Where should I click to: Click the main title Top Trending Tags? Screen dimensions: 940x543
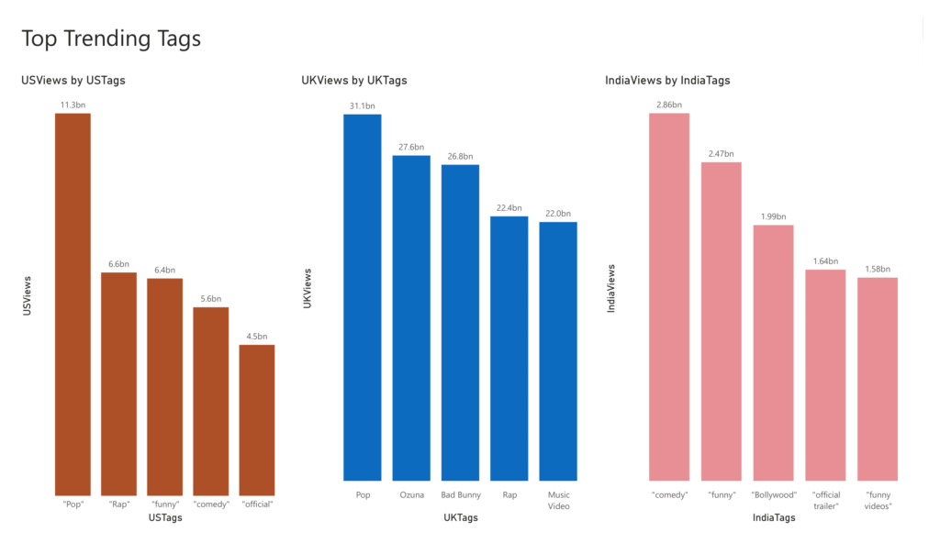click(111, 39)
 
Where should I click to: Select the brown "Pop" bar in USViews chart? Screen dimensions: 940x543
click(73, 305)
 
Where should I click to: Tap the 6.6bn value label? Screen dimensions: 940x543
click(118, 264)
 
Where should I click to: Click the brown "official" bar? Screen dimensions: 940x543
click(257, 420)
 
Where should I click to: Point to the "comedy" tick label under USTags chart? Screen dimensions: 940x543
click(211, 504)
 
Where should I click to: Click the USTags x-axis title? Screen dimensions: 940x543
click(165, 518)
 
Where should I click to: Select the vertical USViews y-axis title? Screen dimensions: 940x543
click(27, 296)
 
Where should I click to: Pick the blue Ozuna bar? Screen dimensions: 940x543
click(411, 318)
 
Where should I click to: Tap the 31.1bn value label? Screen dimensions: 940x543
click(362, 106)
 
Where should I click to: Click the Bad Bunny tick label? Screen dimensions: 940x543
click(461, 495)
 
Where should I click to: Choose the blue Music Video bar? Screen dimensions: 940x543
click(558, 351)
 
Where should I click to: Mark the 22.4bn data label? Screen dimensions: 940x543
click(509, 208)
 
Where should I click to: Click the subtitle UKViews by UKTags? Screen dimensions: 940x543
click(354, 81)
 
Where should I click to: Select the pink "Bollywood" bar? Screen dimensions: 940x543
click(773, 353)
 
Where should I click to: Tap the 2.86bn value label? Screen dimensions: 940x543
click(669, 105)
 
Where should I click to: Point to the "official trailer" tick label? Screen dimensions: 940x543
click(826, 501)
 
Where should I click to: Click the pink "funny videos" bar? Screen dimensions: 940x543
click(878, 379)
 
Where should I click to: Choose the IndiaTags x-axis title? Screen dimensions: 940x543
click(774, 518)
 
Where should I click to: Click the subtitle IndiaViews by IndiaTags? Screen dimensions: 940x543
click(668, 81)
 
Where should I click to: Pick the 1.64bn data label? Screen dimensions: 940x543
click(825, 261)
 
